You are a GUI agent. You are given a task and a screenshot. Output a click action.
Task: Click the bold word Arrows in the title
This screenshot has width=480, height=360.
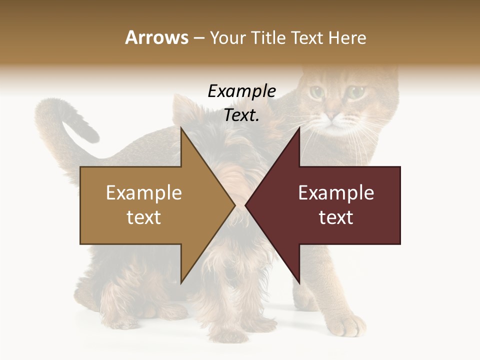point(156,37)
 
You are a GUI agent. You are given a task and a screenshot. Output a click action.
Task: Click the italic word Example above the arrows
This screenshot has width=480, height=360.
point(241,91)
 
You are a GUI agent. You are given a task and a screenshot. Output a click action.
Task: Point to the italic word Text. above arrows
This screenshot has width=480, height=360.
point(241,115)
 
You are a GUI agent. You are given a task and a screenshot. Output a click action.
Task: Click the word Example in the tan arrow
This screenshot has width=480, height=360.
point(144,192)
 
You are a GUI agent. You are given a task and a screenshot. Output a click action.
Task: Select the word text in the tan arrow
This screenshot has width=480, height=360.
point(144,217)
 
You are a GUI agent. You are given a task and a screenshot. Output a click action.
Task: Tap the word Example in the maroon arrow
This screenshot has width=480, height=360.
point(336,192)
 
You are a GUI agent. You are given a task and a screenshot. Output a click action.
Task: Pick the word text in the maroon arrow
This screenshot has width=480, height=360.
point(336,217)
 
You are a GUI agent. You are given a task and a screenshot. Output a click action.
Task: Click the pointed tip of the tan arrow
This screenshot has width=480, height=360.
point(234,205)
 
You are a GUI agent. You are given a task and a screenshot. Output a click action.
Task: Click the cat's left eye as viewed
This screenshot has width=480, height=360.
point(316,92)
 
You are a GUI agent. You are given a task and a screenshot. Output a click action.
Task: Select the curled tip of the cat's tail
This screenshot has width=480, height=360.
point(90,131)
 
